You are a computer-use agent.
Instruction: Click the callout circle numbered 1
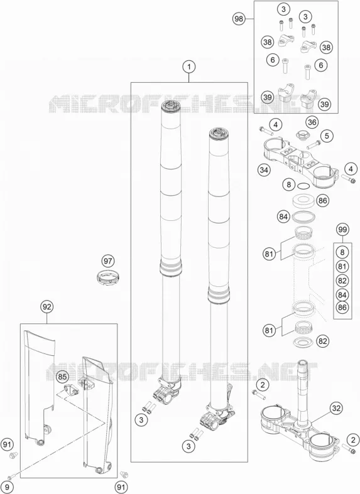pos(189,67)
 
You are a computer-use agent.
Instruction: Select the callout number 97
pos(108,261)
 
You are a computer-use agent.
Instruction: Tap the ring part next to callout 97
pos(108,278)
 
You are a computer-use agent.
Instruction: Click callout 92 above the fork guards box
pos(46,306)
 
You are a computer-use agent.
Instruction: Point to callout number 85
pos(62,377)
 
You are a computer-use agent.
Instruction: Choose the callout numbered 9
pos(9,487)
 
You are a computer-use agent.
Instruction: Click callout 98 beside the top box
pos(239,19)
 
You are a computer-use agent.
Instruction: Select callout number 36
pos(312,122)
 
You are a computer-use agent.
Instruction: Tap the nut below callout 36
pos(303,136)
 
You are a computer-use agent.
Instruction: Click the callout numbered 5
pos(327,136)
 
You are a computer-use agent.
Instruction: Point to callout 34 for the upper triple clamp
pos(263,170)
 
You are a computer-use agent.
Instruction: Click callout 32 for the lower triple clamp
pos(336,408)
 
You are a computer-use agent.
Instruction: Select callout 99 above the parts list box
pos(342,229)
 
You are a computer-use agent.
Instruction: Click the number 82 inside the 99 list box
pos(342,281)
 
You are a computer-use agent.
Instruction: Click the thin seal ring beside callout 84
pos(304,217)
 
